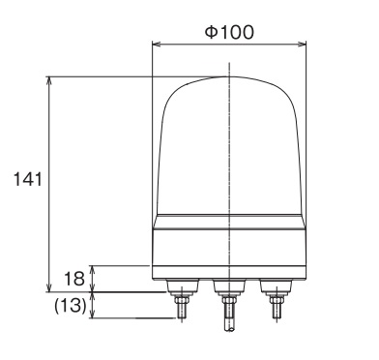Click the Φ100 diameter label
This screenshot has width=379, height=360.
229,32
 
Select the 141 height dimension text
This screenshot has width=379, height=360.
28,179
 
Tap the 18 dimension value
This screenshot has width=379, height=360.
74,279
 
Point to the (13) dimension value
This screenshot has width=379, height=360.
71,305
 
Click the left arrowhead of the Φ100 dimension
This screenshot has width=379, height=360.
156,45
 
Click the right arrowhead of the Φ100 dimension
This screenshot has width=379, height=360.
302,45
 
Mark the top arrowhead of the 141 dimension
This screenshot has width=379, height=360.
49,80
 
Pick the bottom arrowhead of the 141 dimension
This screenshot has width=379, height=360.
49,287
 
